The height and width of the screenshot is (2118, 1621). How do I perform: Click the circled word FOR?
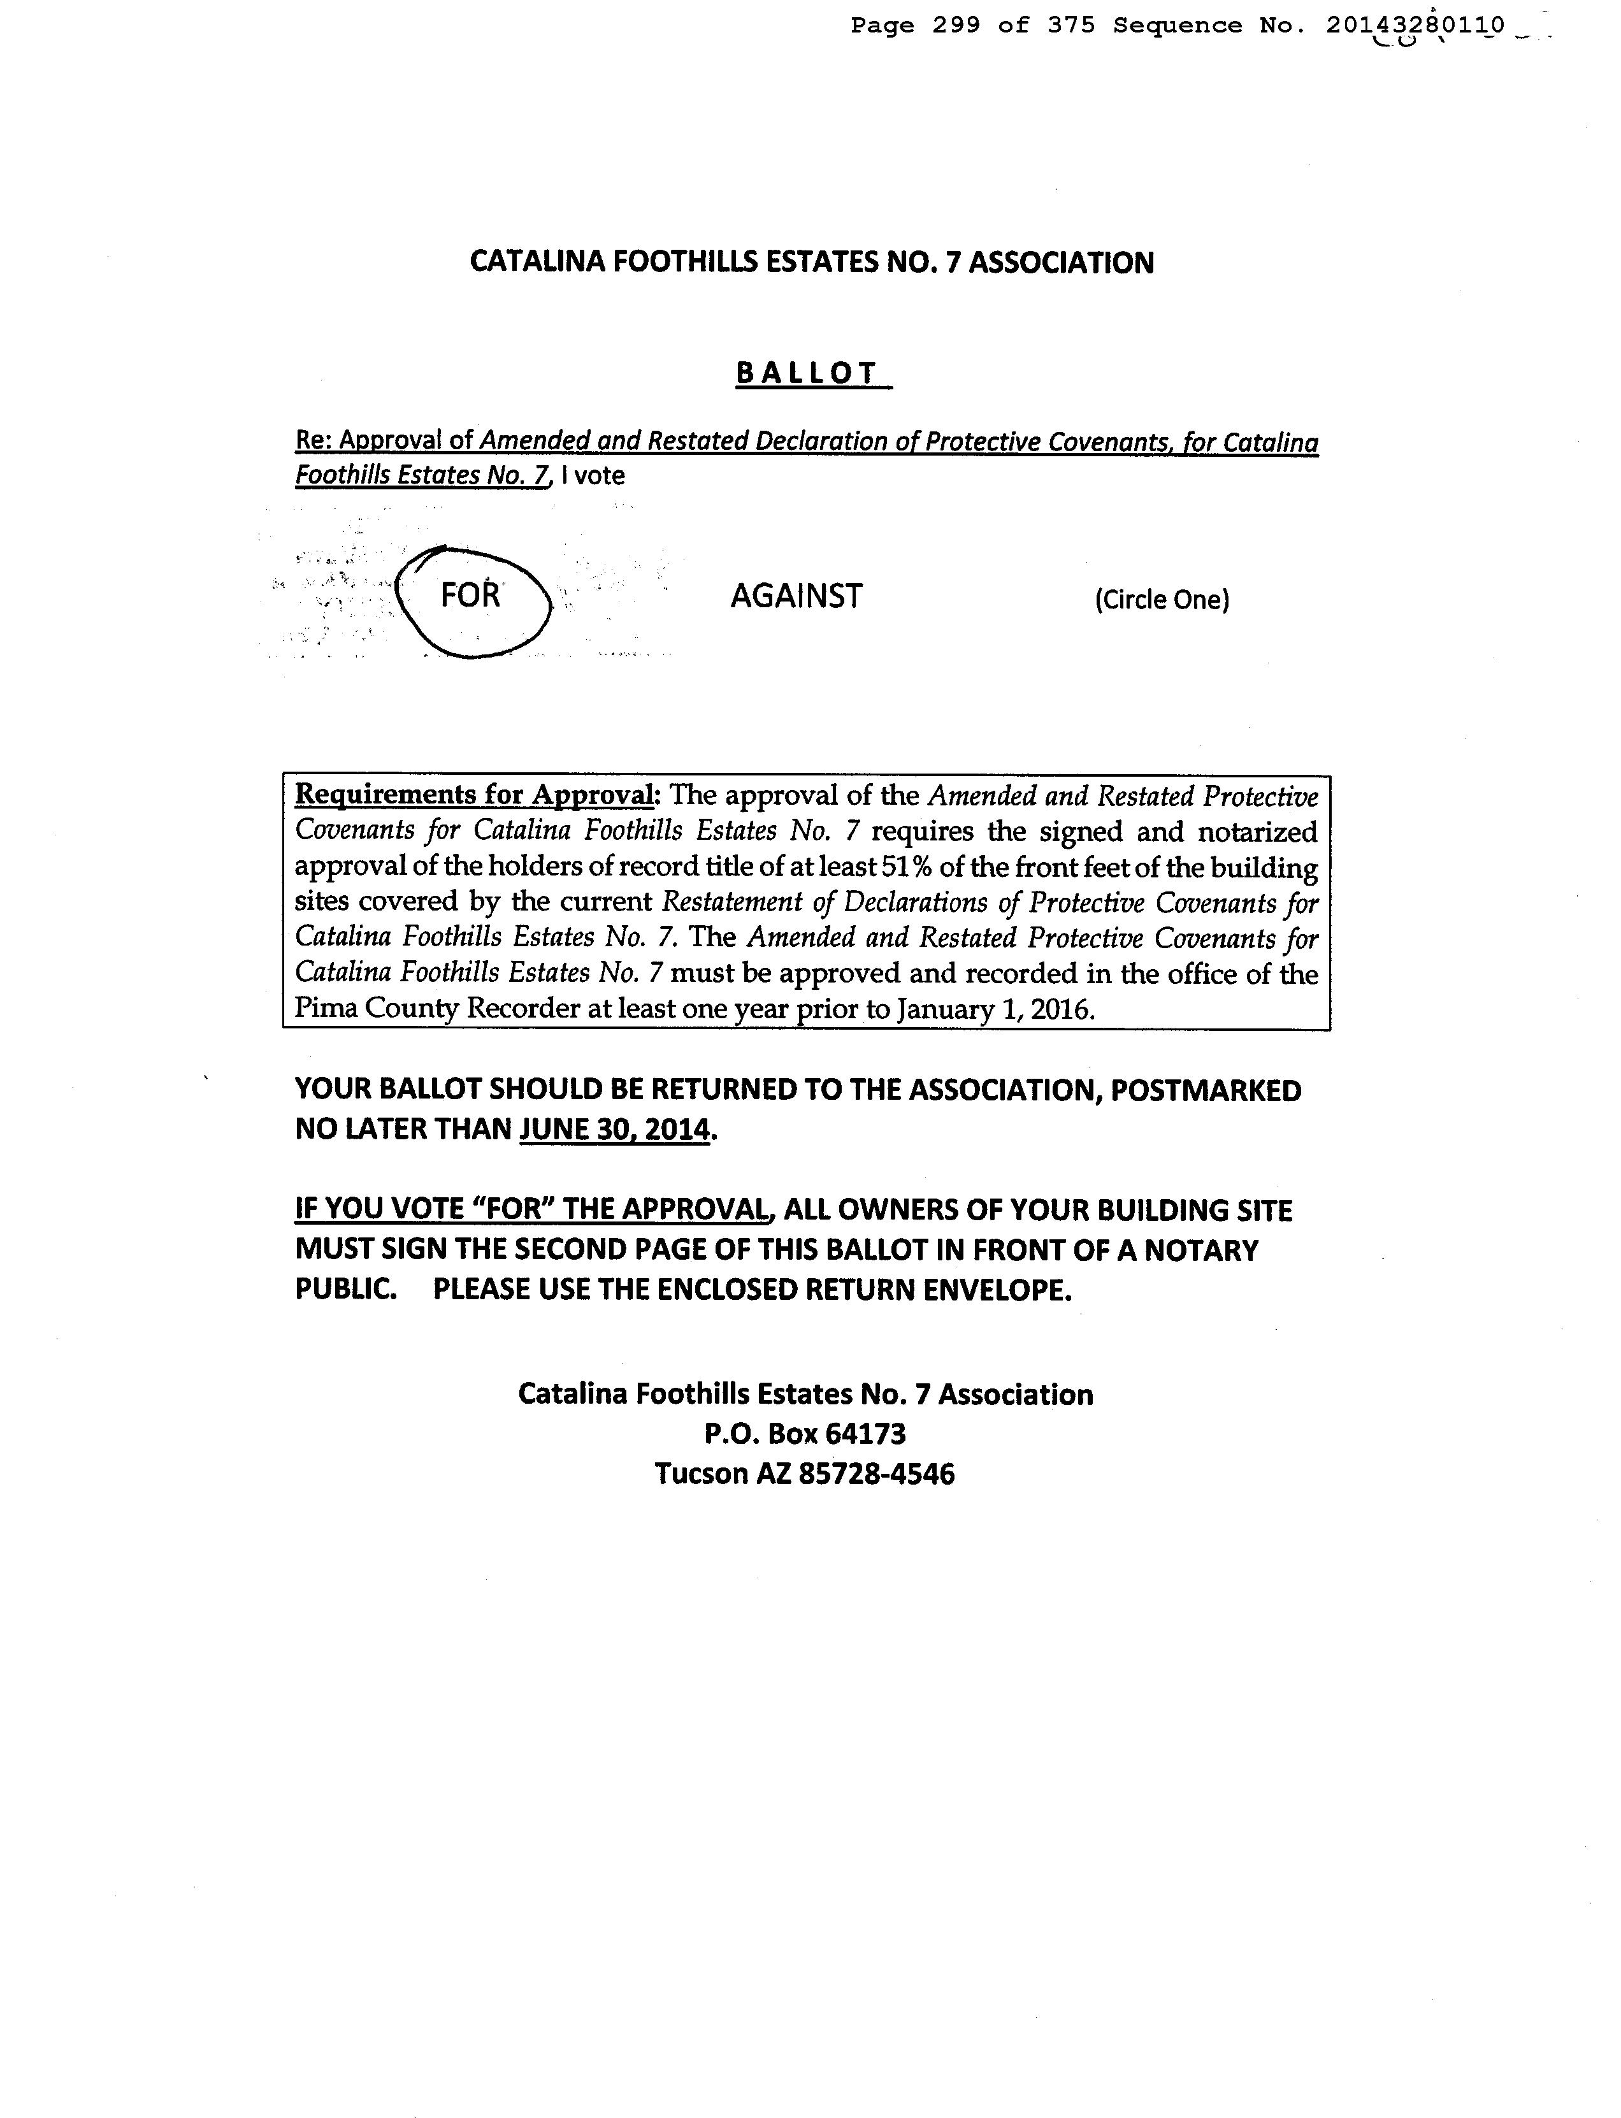click(x=471, y=594)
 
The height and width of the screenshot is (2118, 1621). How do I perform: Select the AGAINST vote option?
click(x=796, y=596)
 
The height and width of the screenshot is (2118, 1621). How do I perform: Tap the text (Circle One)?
click(x=1162, y=600)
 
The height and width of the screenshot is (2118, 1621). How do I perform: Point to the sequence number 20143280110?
click(x=1415, y=26)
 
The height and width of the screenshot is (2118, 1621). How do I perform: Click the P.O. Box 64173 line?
click(x=805, y=1434)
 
